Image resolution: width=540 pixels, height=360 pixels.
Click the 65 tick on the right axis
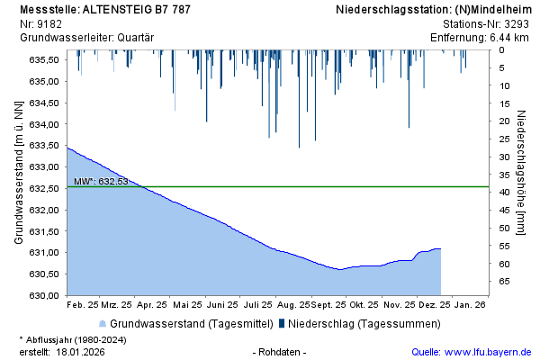[504, 282]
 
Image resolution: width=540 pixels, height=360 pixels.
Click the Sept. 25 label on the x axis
[330, 305]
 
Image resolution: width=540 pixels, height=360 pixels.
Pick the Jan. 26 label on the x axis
[470, 305]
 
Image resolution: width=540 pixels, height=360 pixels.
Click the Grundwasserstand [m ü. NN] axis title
[19, 173]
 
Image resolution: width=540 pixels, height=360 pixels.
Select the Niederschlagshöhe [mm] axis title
[523, 173]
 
